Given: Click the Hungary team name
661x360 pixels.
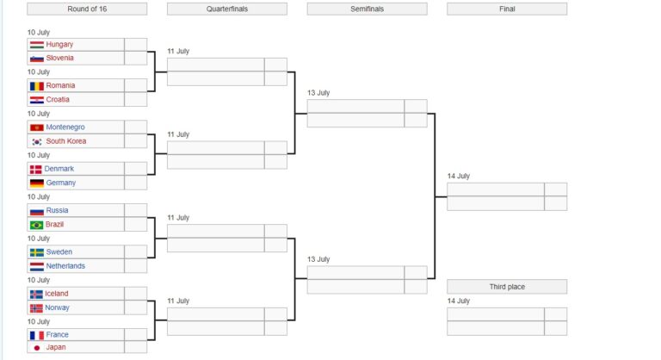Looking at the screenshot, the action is [59, 44].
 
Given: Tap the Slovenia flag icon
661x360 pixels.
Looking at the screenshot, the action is [37, 59].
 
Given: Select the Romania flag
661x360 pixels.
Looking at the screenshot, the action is [37, 85].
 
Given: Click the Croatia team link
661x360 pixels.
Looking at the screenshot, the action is [58, 100].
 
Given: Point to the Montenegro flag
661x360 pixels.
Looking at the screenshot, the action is [37, 127].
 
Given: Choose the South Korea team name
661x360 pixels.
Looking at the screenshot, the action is [65, 141].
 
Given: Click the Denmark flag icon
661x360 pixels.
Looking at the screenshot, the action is [35, 170].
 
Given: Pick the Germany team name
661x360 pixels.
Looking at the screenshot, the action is [61, 183].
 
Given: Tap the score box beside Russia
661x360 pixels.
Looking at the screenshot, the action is [136, 210].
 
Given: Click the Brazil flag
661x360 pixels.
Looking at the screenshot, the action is [37, 225].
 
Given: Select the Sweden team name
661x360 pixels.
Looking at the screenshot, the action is [59, 252].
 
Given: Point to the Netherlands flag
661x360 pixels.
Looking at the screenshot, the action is [37, 266].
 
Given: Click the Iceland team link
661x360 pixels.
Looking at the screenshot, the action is [57, 294].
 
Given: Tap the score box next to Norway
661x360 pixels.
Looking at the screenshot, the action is [136, 307].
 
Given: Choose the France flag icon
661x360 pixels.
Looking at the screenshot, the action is [37, 336].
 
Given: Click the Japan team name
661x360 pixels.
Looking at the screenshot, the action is [56, 347].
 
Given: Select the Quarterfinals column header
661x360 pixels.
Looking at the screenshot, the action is [227, 9].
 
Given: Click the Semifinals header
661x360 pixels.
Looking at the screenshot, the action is [367, 9].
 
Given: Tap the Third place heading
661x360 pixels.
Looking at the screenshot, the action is [507, 287].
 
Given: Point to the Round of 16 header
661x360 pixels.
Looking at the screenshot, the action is [87, 9].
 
